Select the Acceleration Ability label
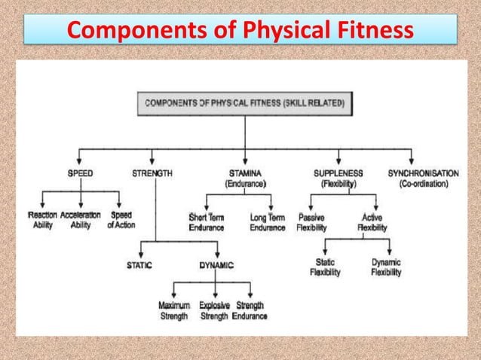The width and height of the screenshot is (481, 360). click(x=81, y=221)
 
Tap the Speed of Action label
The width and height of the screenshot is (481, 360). click(x=121, y=221)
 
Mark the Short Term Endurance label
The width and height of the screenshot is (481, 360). click(x=207, y=223)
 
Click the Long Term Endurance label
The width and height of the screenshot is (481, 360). click(x=267, y=223)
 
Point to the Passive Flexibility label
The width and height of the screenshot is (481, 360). click(x=311, y=223)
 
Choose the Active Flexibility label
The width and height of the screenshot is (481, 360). click(x=372, y=223)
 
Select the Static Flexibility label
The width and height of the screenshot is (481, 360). click(x=325, y=267)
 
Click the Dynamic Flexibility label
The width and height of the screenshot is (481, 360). click(x=386, y=267)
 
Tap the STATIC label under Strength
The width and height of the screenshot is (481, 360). click(x=140, y=265)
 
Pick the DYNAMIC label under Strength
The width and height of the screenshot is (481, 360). click(x=216, y=265)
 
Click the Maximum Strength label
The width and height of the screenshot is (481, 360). click(x=174, y=311)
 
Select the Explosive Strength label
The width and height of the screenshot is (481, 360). click(x=214, y=311)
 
